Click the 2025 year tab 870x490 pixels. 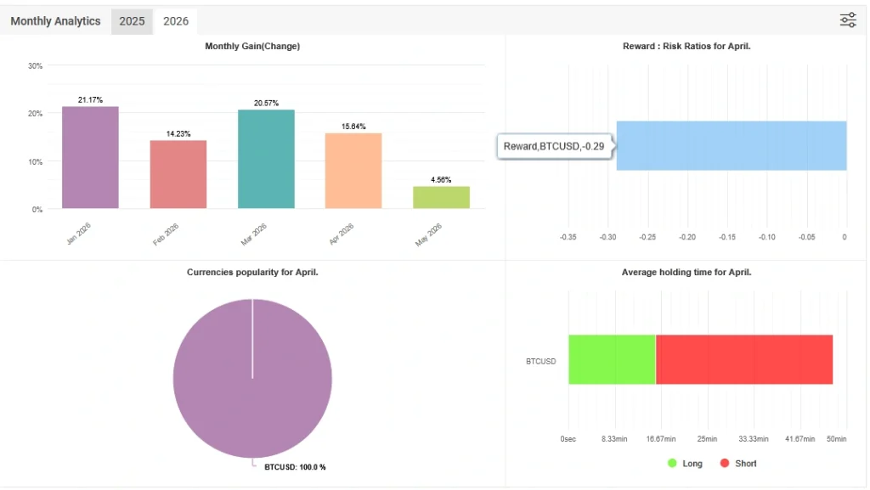tap(132, 21)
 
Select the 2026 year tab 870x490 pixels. tap(175, 21)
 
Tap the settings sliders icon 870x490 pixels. tap(847, 20)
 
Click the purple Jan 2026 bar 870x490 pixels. tap(90, 157)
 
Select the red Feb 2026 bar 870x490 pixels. tap(178, 174)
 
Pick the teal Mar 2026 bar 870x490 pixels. tap(266, 159)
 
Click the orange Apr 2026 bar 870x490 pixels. tap(353, 171)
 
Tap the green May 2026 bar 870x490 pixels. tap(441, 197)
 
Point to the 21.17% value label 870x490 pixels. tap(90, 99)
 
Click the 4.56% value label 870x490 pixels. tap(441, 179)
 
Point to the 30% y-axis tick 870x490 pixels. tap(35, 66)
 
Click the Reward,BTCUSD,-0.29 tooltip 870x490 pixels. tap(554, 146)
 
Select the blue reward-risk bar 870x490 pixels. tap(732, 145)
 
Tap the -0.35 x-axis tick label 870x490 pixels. tap(568, 237)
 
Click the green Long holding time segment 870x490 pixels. tap(612, 359)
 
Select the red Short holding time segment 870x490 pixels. tap(744, 359)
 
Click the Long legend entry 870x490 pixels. tap(686, 464)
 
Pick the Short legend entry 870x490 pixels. tap(738, 464)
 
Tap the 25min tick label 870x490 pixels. tap(707, 438)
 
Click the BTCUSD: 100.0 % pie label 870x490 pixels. tap(295, 467)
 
